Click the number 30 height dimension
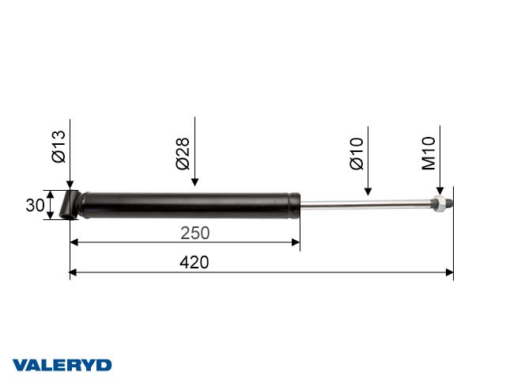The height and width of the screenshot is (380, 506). pyautogui.click(x=34, y=205)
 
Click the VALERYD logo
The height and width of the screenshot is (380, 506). pyautogui.click(x=62, y=365)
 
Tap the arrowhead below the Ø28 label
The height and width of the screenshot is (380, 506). pyautogui.click(x=194, y=184)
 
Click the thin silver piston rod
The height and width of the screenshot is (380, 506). pyautogui.click(x=364, y=205)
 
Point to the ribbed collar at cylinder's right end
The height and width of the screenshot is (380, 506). pyautogui.click(x=294, y=204)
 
